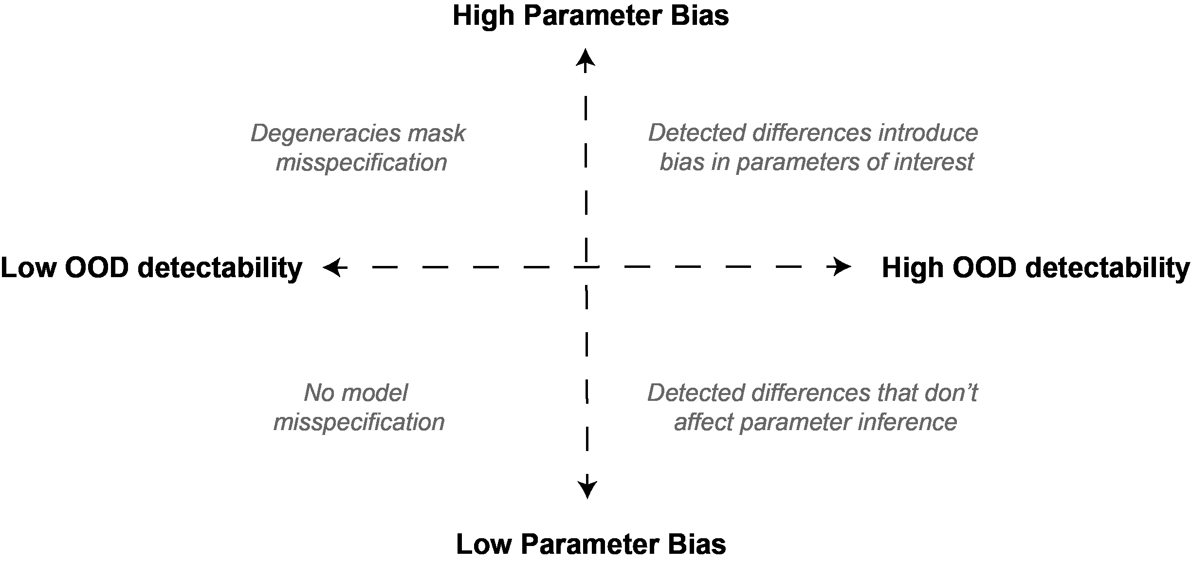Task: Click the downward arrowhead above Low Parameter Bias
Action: coord(587,489)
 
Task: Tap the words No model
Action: coord(356,393)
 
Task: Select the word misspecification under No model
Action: coord(359,422)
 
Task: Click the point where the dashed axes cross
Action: coord(586,267)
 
